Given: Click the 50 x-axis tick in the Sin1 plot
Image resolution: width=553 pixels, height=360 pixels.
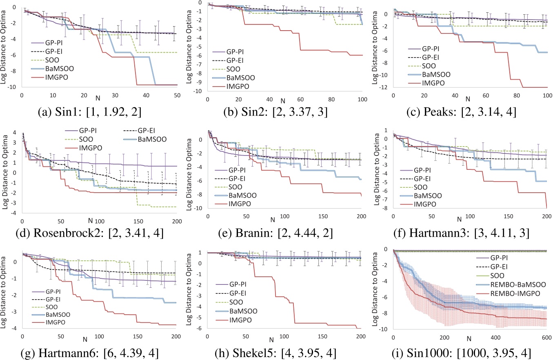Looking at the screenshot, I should [x=178, y=95].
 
